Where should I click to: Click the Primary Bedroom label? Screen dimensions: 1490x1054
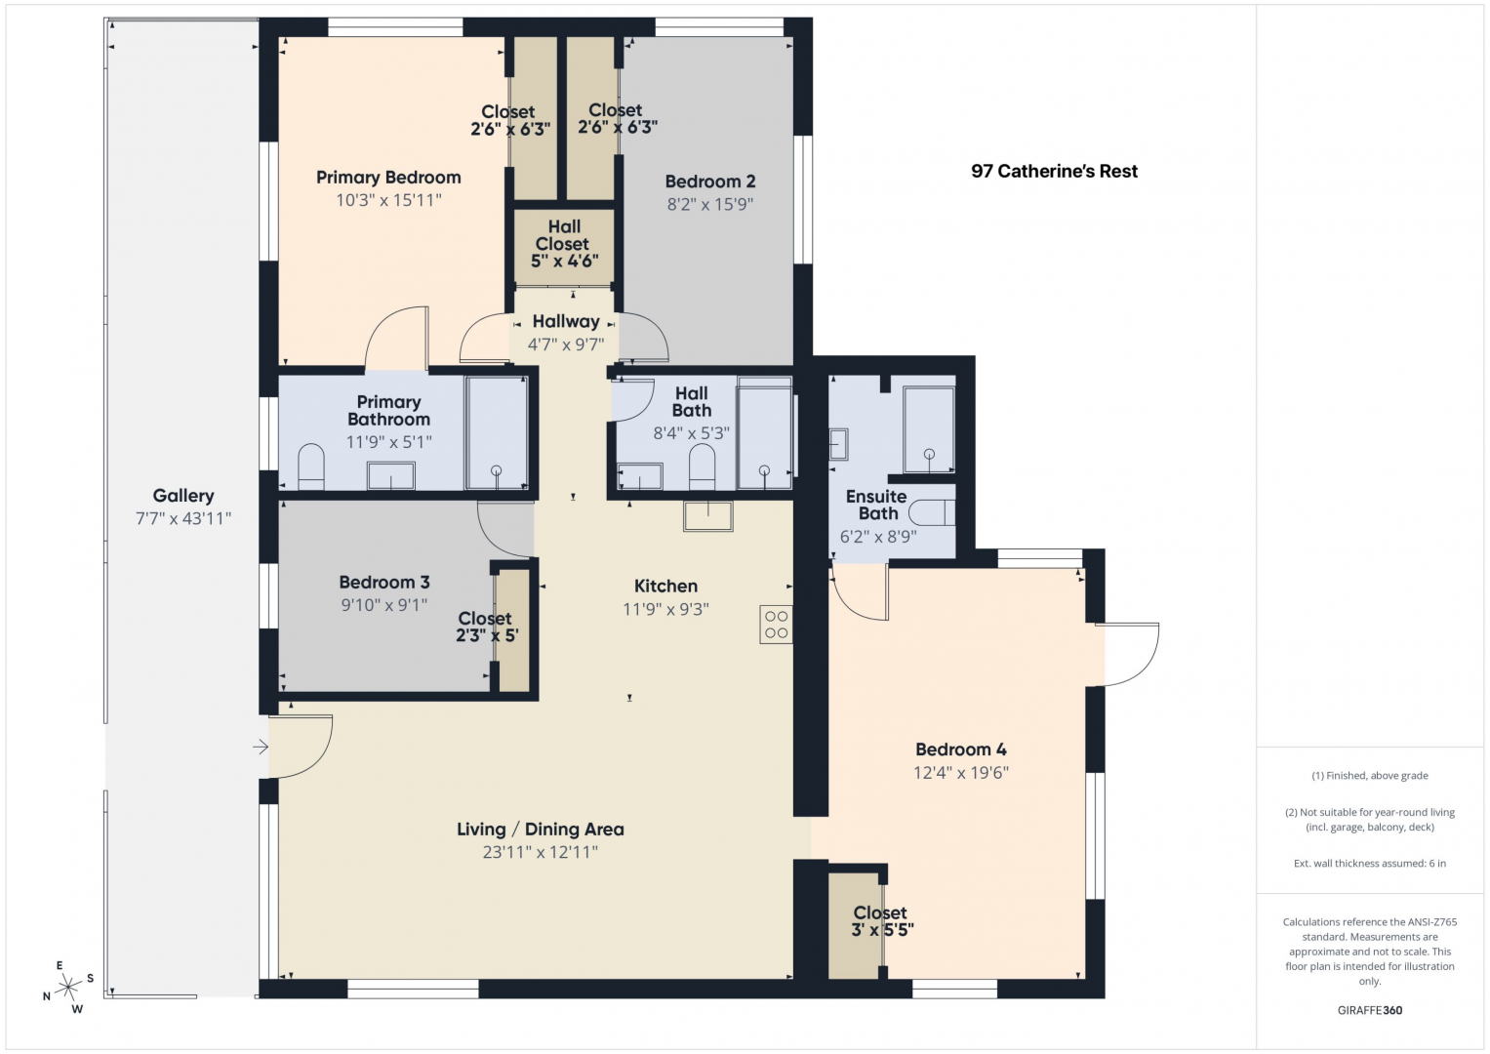(388, 178)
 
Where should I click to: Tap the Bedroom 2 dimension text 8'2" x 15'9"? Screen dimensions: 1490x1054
(709, 204)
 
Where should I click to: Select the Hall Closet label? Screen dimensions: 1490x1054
(564, 235)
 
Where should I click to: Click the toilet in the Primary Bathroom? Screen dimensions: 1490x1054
(310, 466)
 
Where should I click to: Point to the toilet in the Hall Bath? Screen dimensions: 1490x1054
(702, 466)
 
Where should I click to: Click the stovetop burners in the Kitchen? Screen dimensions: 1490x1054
(777, 625)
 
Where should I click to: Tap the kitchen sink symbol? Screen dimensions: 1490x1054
(708, 515)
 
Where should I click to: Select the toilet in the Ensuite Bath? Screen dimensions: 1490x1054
(932, 513)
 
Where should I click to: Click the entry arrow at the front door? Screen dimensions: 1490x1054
(261, 747)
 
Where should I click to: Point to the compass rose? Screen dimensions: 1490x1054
(68, 988)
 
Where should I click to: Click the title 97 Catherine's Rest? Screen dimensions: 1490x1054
(1054, 172)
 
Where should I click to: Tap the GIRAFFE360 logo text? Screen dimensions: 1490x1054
(1370, 1010)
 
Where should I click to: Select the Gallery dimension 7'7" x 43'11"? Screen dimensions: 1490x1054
(183, 518)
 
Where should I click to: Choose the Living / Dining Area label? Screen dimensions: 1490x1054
(541, 830)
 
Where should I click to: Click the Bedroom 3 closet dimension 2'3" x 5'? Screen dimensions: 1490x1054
(487, 635)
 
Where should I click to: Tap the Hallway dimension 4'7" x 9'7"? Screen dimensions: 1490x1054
(566, 345)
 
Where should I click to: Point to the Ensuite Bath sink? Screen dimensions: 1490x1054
(839, 444)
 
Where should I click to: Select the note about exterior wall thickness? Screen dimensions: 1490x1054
(1370, 863)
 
